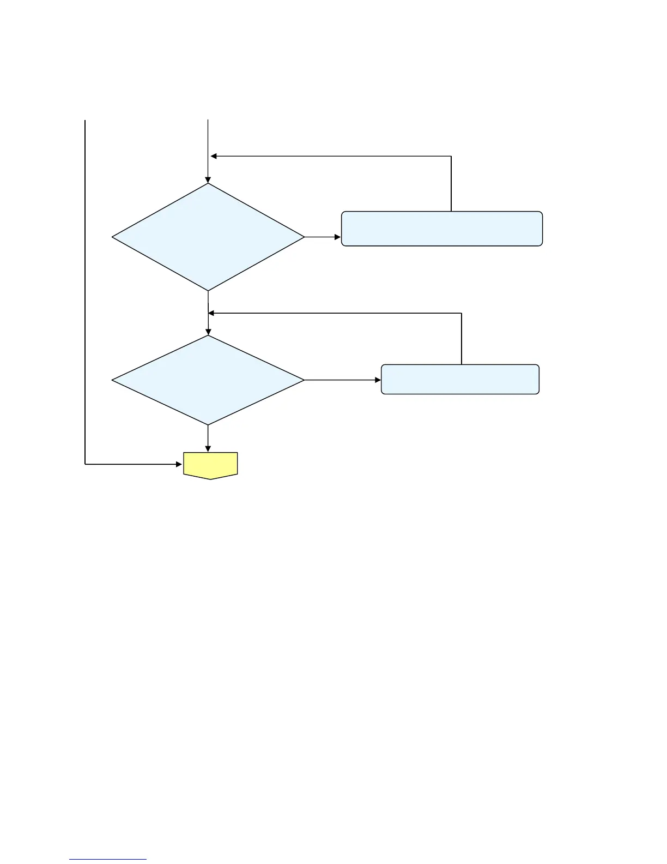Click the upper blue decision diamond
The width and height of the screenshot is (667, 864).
click(x=208, y=237)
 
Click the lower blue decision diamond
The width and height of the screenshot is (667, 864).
click(x=208, y=380)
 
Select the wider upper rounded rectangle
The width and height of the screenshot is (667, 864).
click(x=441, y=229)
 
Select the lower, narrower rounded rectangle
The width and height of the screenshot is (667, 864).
click(x=460, y=379)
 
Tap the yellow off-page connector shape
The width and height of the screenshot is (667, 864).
click(x=210, y=465)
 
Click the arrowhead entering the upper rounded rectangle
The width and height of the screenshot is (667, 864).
click(x=338, y=237)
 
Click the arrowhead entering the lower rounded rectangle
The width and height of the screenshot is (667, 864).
click(x=378, y=380)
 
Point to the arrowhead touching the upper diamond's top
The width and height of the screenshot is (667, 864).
click(x=208, y=179)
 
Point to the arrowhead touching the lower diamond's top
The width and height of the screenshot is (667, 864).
click(x=208, y=332)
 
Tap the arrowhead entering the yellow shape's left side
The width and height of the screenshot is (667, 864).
click(x=179, y=464)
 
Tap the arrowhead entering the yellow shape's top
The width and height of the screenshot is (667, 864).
click(x=208, y=449)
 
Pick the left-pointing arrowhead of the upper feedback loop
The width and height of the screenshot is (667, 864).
click(x=214, y=157)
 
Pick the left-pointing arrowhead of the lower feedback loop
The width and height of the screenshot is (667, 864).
click(x=212, y=313)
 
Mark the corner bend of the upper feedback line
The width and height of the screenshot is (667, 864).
click(x=451, y=157)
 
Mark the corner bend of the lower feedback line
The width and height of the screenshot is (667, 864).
click(x=462, y=313)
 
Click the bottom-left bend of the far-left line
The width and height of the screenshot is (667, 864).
click(x=86, y=464)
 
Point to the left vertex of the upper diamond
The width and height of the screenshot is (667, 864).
click(x=113, y=237)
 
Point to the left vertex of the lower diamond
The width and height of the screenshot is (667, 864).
click(x=113, y=380)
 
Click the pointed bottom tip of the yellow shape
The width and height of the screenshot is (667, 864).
click(x=210, y=479)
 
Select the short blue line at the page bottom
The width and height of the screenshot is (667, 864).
click(x=108, y=860)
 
